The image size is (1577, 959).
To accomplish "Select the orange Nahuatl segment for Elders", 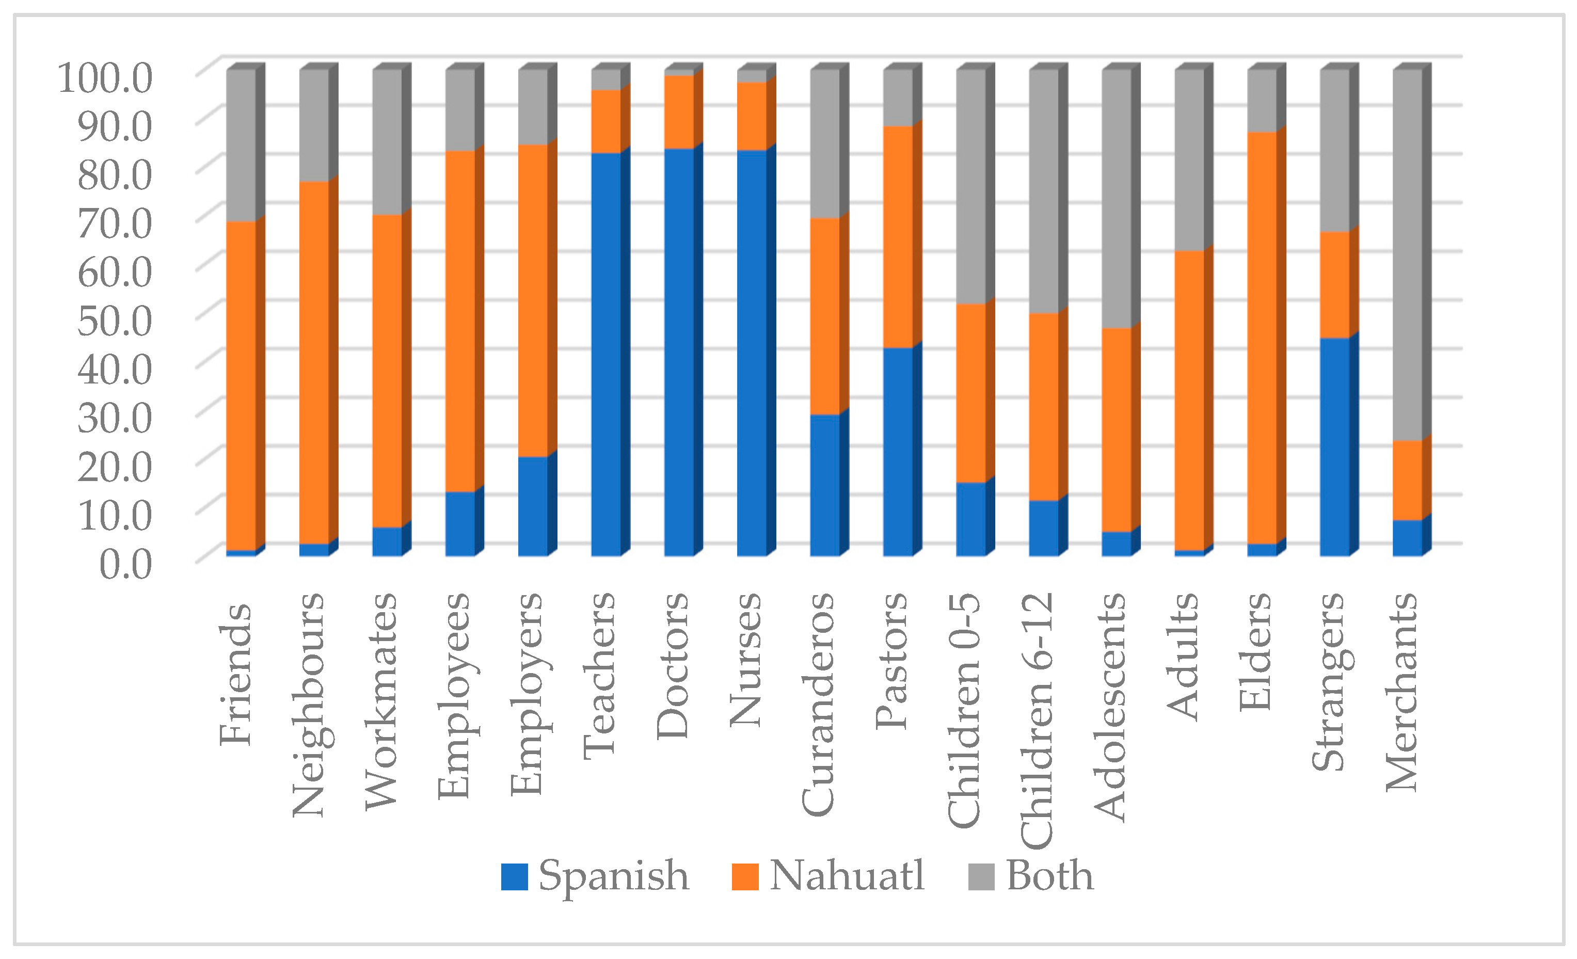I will (x=1262, y=337).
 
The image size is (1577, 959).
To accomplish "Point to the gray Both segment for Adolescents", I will (x=1116, y=198).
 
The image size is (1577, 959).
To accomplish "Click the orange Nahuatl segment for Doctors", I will (x=678, y=112).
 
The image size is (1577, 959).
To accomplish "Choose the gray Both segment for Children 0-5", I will (x=970, y=185).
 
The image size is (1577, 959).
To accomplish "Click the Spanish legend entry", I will (x=595, y=876).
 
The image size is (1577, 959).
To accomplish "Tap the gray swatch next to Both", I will (x=981, y=876).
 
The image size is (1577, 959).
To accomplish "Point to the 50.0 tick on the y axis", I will (x=115, y=319).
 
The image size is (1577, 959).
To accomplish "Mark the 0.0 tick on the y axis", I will (x=125, y=564).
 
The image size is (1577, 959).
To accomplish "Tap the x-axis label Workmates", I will (x=381, y=701).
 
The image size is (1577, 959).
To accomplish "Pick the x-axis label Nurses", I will (x=746, y=659).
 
